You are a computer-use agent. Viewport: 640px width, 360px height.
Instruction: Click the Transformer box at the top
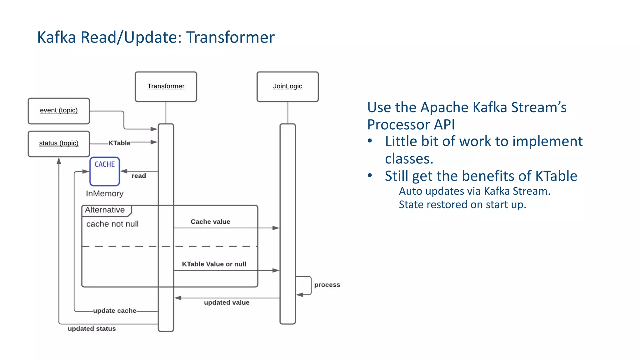tap(166, 87)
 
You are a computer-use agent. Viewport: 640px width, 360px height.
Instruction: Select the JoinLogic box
tap(287, 87)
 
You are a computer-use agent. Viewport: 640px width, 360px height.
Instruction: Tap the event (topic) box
tap(59, 111)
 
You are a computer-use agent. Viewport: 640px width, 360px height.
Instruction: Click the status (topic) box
tap(59, 143)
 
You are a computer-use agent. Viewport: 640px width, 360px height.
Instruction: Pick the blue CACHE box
tap(105, 171)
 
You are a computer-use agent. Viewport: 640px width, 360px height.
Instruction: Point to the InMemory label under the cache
tap(105, 193)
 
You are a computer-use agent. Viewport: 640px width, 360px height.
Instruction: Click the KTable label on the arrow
tap(119, 143)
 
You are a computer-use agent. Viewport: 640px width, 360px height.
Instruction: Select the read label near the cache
tap(138, 176)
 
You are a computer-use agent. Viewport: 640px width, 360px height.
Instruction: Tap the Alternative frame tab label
tap(105, 210)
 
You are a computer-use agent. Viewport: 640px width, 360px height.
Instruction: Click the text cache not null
tap(112, 224)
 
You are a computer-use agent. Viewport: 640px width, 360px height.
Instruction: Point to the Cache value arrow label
tap(210, 222)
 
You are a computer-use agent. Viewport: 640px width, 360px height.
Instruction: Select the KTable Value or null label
tap(214, 264)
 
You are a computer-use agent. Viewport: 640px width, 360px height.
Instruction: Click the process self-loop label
tap(327, 285)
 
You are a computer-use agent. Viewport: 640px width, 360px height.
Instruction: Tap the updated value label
tap(227, 302)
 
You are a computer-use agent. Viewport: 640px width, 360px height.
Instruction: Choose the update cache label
tap(115, 311)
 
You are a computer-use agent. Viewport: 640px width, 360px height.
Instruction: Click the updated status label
tap(92, 328)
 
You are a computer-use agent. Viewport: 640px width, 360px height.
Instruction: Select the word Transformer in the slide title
tap(230, 37)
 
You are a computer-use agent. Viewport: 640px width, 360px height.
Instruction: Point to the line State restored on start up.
tap(462, 205)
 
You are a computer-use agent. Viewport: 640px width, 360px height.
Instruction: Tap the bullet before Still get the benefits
tap(370, 176)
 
